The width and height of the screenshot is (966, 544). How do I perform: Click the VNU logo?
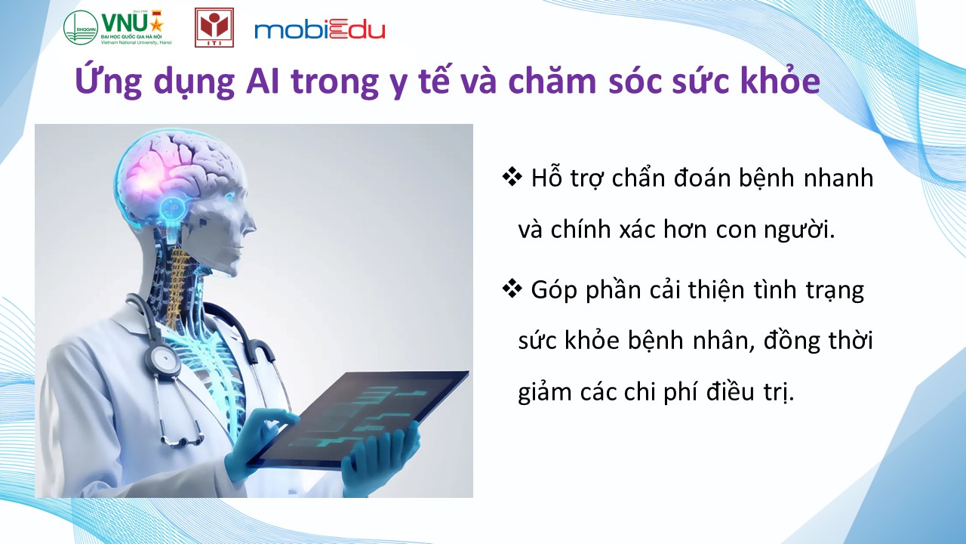(x=118, y=28)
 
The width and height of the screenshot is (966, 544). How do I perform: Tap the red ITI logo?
(x=214, y=27)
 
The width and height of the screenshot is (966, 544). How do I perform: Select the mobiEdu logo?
(x=319, y=30)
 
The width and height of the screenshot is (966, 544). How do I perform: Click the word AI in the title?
(x=263, y=81)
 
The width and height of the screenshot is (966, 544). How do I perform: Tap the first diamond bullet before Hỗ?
(x=512, y=178)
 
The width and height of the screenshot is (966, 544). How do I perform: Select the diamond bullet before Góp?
(x=512, y=289)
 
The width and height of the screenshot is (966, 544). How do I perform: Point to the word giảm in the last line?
(x=545, y=392)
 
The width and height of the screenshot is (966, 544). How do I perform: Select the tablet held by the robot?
(x=358, y=419)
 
